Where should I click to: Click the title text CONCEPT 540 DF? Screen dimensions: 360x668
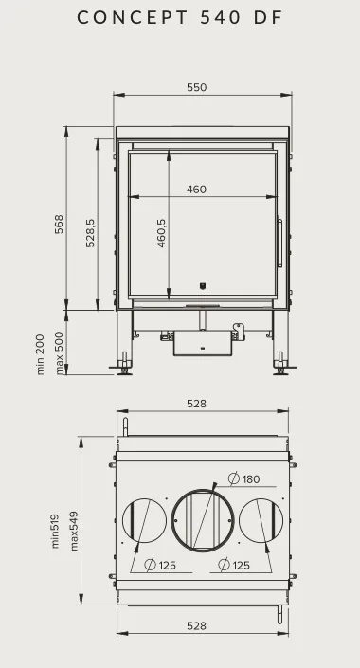coord(180,17)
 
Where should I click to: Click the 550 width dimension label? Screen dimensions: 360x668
coord(196,87)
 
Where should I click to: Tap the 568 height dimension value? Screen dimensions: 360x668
coord(59,224)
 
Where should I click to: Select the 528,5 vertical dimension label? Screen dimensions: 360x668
coord(90,233)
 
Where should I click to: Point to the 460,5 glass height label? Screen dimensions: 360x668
coord(161,233)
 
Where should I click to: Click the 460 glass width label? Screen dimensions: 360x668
coord(196,190)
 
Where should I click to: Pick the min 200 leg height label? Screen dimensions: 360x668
coord(41,354)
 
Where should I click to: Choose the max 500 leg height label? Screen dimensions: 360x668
coord(60,353)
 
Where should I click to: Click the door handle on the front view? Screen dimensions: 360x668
coord(279,244)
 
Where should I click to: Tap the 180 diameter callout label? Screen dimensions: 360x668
coord(244,478)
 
